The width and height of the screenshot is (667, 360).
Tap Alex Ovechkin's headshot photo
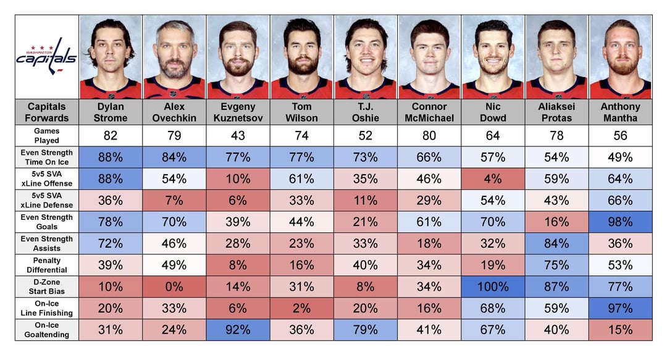tap(174, 57)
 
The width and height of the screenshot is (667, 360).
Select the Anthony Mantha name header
tap(620, 112)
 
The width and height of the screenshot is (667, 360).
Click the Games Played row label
tap(47, 136)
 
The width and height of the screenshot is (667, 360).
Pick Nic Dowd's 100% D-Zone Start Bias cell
tap(493, 287)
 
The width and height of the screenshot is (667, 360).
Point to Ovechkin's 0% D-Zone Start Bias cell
tap(174, 287)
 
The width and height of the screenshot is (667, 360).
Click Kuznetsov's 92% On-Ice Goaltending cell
tap(238, 330)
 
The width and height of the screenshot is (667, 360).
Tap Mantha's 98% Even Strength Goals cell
tap(620, 222)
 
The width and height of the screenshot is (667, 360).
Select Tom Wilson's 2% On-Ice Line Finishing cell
tap(301, 309)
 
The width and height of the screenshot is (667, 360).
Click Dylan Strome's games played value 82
tap(111, 136)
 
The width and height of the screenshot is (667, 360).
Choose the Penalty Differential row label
tap(47, 265)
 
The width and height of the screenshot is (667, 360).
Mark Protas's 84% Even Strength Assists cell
tap(556, 243)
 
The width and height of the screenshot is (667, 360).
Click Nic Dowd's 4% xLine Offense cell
tap(493, 178)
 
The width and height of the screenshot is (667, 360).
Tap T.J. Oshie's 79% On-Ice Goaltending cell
tap(366, 330)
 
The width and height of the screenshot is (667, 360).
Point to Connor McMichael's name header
tap(429, 112)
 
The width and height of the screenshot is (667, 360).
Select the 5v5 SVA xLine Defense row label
tap(47, 201)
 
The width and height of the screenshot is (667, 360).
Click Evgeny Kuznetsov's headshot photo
tap(238, 57)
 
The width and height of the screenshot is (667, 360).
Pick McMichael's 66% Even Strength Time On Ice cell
tap(429, 157)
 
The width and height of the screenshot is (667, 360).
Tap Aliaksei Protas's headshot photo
tap(556, 57)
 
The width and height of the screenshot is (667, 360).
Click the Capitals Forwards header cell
tap(47, 112)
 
